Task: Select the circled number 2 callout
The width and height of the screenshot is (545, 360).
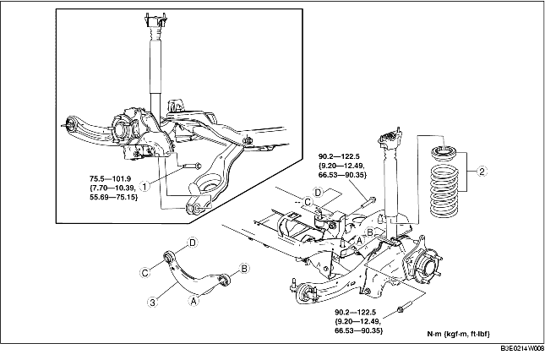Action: point(482,173)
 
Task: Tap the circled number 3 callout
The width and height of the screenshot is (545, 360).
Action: point(152,299)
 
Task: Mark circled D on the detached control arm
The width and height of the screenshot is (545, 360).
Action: point(193,243)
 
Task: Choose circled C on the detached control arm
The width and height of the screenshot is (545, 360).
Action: point(145,271)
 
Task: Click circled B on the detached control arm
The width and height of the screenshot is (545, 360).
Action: point(244,269)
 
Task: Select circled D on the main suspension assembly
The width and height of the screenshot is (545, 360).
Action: point(318,194)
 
